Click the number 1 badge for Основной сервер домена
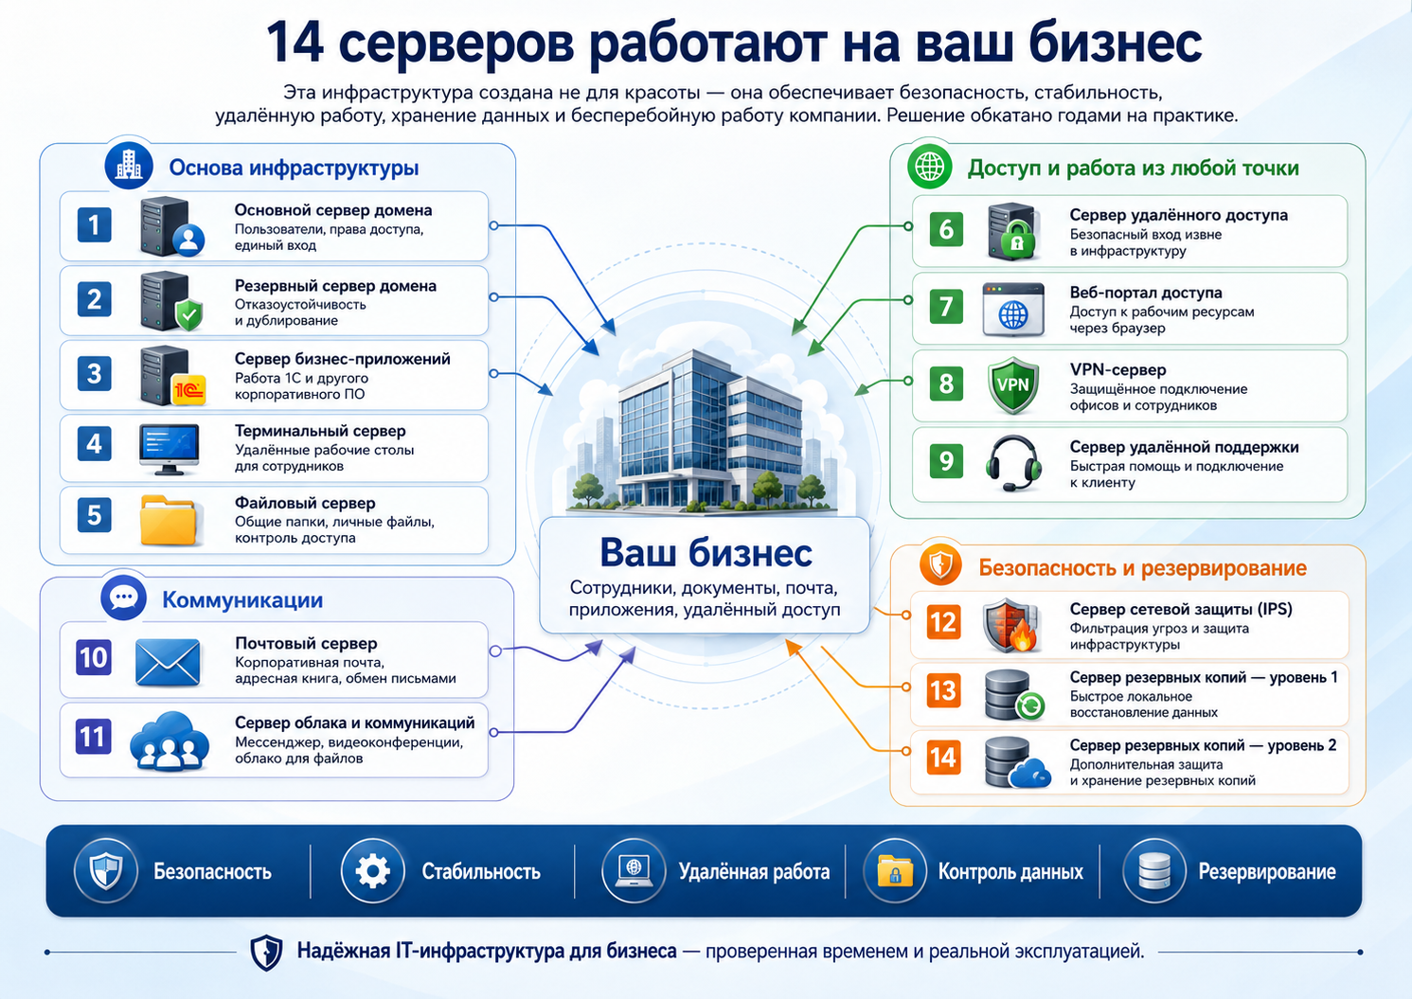pyautogui.click(x=94, y=225)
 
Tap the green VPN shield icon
pyautogui.click(x=1013, y=385)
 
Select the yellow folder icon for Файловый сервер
pyautogui.click(x=169, y=520)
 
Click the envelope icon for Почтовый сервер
pyautogui.click(x=168, y=662)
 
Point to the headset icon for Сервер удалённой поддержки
pyautogui.click(x=1012, y=463)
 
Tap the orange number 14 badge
pyautogui.click(x=943, y=758)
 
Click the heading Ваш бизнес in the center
pyautogui.click(x=706, y=553)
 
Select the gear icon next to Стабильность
pyautogui.click(x=372, y=872)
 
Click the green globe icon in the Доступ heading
pyautogui.click(x=929, y=167)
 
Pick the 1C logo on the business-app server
pyautogui.click(x=189, y=390)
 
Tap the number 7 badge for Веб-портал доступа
pyautogui.click(x=946, y=306)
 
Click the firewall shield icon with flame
pyautogui.click(x=1010, y=625)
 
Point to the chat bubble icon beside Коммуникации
pyautogui.click(x=123, y=598)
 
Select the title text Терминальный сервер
pyautogui.click(x=320, y=431)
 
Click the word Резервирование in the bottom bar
pyautogui.click(x=1267, y=872)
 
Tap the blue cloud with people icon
pyautogui.click(x=169, y=741)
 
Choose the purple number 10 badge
pyautogui.click(x=94, y=658)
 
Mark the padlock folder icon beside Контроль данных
pyautogui.click(x=895, y=872)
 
